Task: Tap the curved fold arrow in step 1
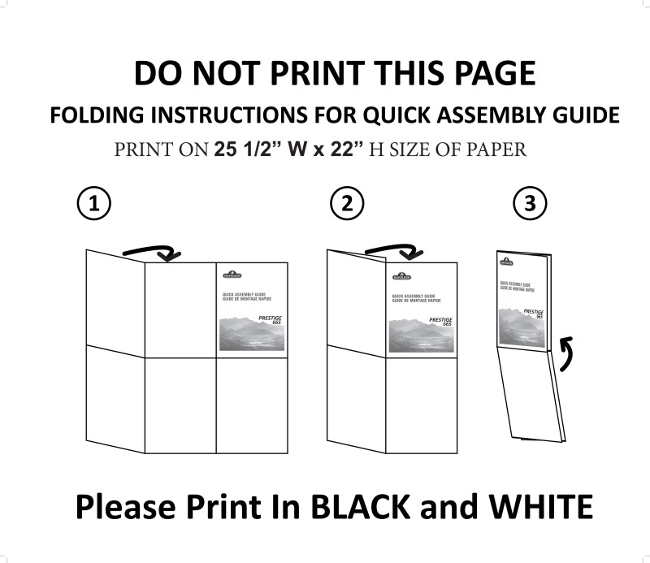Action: (x=158, y=249)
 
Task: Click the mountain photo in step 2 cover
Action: (x=420, y=335)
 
